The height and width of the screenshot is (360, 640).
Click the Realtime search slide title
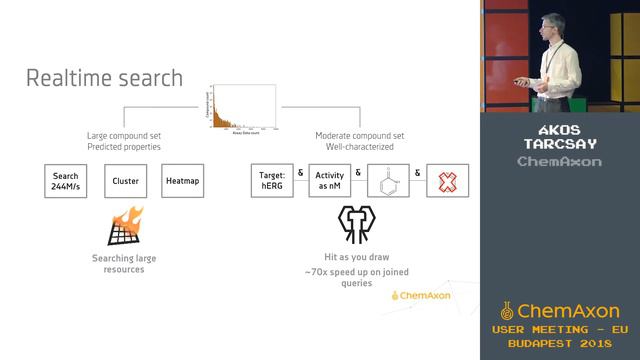click(104, 77)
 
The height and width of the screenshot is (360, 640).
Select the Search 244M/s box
click(66, 181)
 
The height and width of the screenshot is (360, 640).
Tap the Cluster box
click(126, 181)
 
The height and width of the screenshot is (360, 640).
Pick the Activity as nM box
click(329, 181)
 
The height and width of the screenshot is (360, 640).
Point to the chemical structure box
click(388, 181)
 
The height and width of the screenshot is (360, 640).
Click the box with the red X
click(448, 181)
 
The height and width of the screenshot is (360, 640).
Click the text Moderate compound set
click(359, 135)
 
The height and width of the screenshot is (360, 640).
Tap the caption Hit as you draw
click(357, 257)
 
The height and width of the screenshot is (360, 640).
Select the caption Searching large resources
click(125, 263)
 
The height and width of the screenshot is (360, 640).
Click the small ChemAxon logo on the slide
click(421, 295)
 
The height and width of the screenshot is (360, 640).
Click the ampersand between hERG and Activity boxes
click(300, 172)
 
